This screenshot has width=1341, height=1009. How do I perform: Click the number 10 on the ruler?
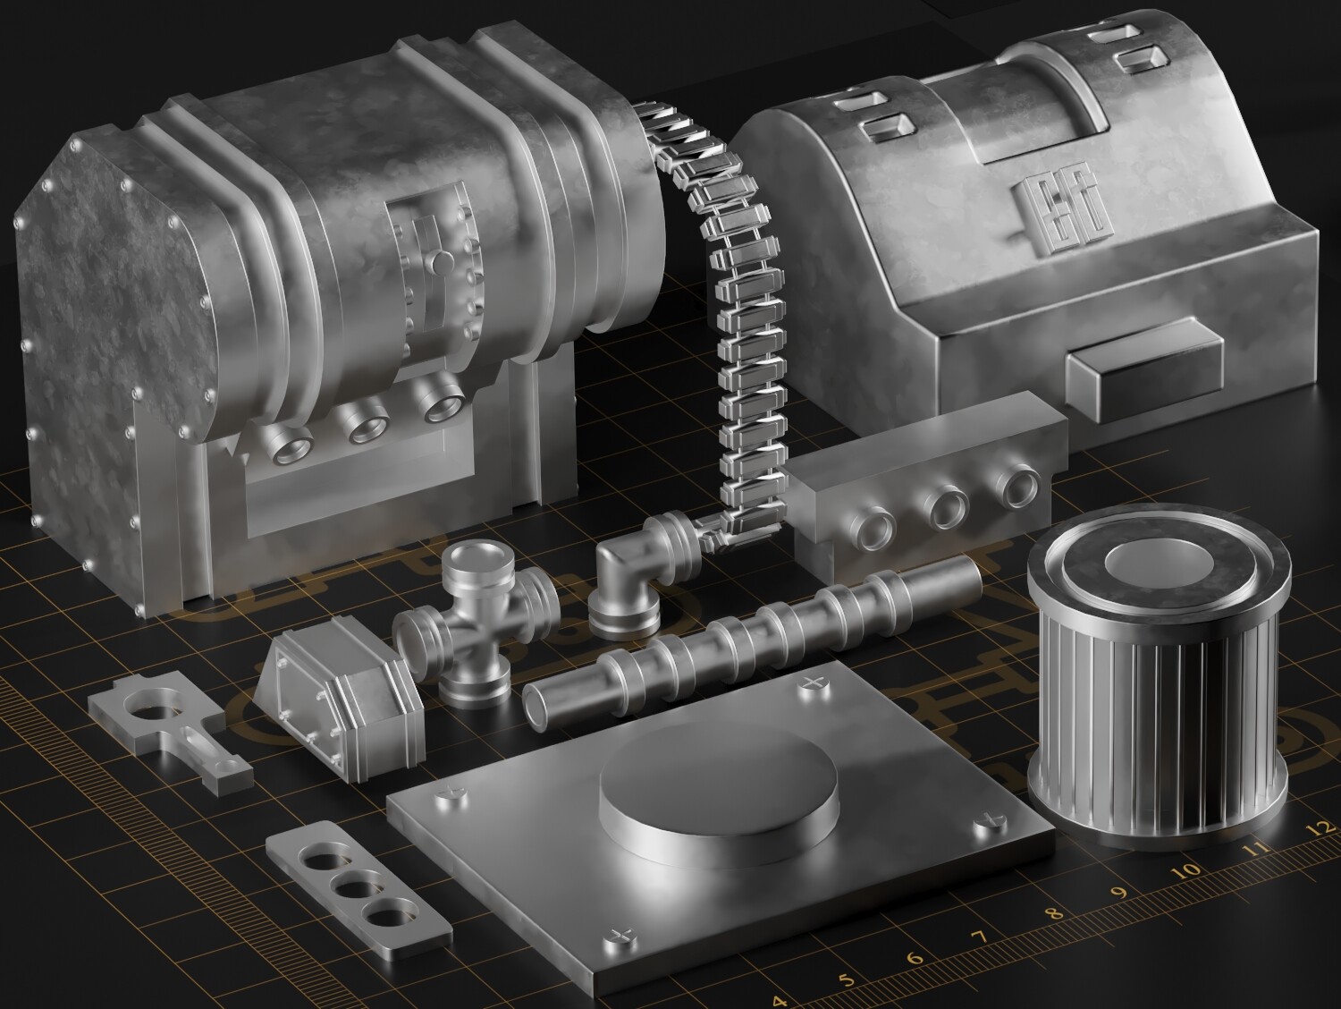[1191, 869]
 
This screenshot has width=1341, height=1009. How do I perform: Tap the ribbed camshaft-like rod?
[751, 640]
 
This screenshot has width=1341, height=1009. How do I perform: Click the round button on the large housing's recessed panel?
[442, 263]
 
